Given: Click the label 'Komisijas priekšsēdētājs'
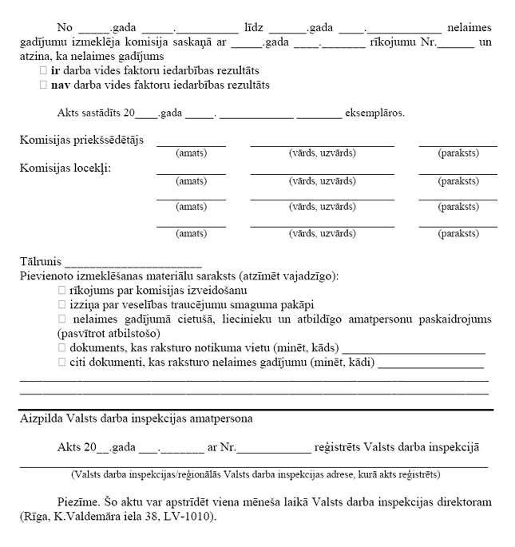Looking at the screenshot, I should [x=81, y=141].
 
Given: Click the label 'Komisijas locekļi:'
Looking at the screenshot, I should [x=65, y=168].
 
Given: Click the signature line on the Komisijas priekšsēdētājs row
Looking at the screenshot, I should [x=458, y=145].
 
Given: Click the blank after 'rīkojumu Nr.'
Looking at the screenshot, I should [x=455, y=43].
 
